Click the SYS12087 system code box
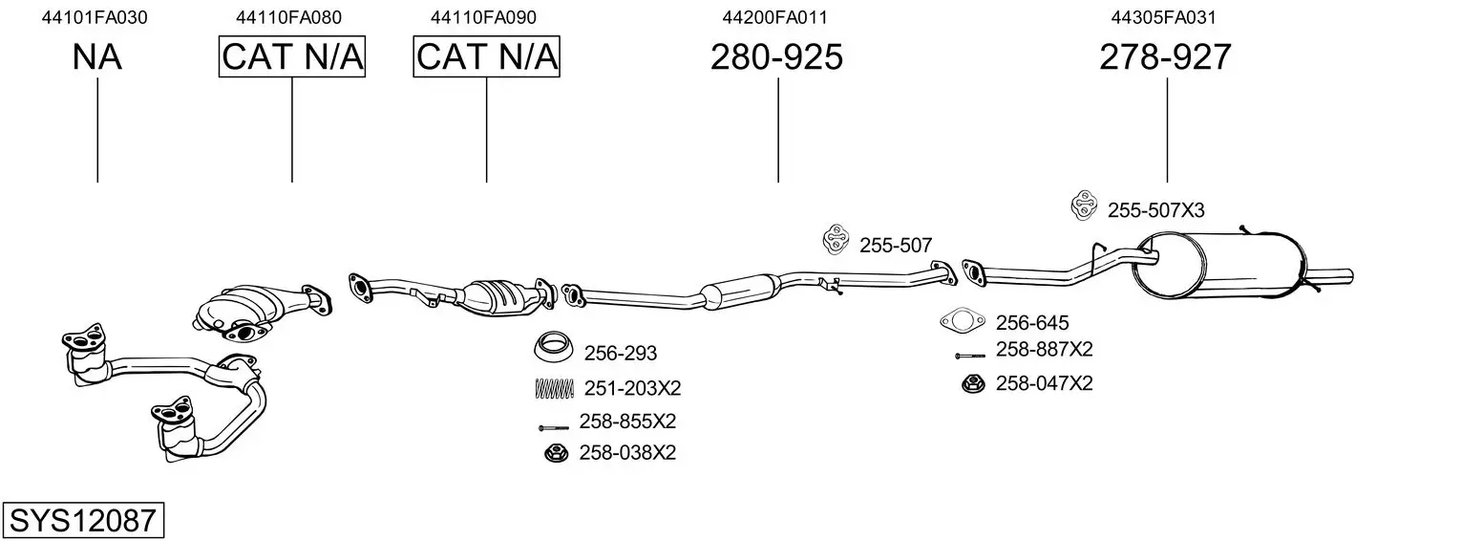tap(83, 520)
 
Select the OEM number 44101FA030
tap(95, 17)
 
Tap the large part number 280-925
tap(776, 56)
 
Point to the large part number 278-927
tap(1165, 56)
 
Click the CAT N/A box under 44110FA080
tap(291, 56)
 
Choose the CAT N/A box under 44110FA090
tap(487, 56)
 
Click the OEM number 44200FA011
tap(774, 17)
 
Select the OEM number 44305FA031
tap(1164, 17)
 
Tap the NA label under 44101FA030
tap(96, 56)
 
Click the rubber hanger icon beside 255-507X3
tap(1084, 206)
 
